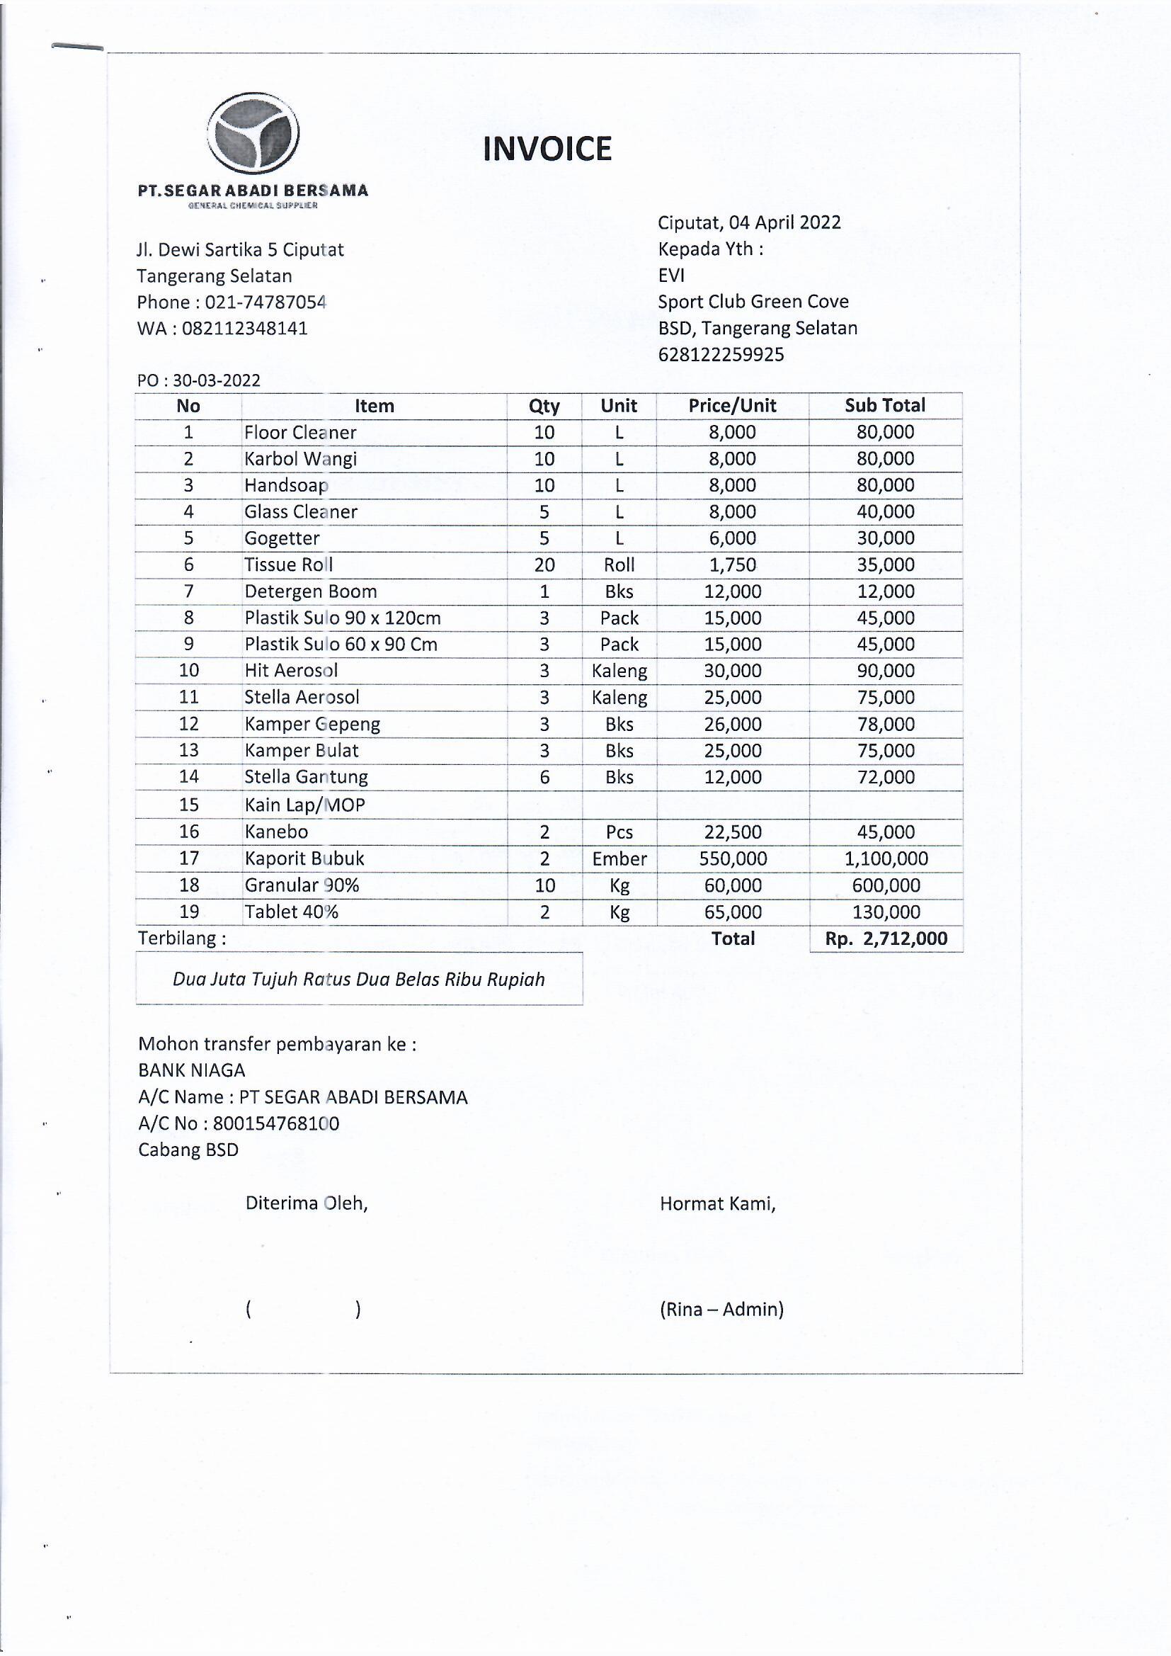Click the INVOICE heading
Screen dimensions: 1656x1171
[x=547, y=149]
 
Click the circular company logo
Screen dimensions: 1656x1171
[x=253, y=134]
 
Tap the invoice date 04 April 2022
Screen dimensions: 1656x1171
[x=784, y=222]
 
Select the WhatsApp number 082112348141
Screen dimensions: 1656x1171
[x=244, y=329]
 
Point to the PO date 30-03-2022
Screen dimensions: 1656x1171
[x=217, y=381]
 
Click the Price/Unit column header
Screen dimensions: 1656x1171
[x=732, y=406]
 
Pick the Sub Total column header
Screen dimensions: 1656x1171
[x=885, y=406]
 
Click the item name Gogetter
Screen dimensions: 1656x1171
[x=282, y=538]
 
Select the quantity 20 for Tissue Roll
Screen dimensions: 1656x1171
[x=544, y=565]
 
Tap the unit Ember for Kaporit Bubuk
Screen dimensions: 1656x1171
[x=619, y=859]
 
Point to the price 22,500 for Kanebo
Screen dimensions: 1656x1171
[x=733, y=832]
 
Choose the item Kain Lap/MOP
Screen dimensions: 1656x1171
[x=304, y=805]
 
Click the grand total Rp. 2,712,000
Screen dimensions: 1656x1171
[x=886, y=939]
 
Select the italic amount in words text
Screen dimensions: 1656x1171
[x=358, y=980]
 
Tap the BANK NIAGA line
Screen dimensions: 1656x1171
[x=192, y=1070]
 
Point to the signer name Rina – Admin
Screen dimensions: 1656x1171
[x=721, y=1309]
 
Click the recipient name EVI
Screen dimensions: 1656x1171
[x=671, y=276]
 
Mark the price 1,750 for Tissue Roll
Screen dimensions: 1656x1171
[x=733, y=565]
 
